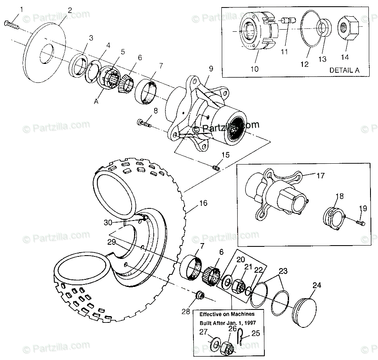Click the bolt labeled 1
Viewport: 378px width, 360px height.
(12, 25)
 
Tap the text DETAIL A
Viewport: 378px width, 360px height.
(344, 70)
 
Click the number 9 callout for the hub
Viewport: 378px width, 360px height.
(211, 68)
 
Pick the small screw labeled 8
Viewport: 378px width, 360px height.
(143, 123)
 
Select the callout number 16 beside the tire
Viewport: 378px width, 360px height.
(203, 204)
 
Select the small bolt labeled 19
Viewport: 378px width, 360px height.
(360, 223)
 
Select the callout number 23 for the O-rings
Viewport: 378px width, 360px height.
(283, 271)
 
